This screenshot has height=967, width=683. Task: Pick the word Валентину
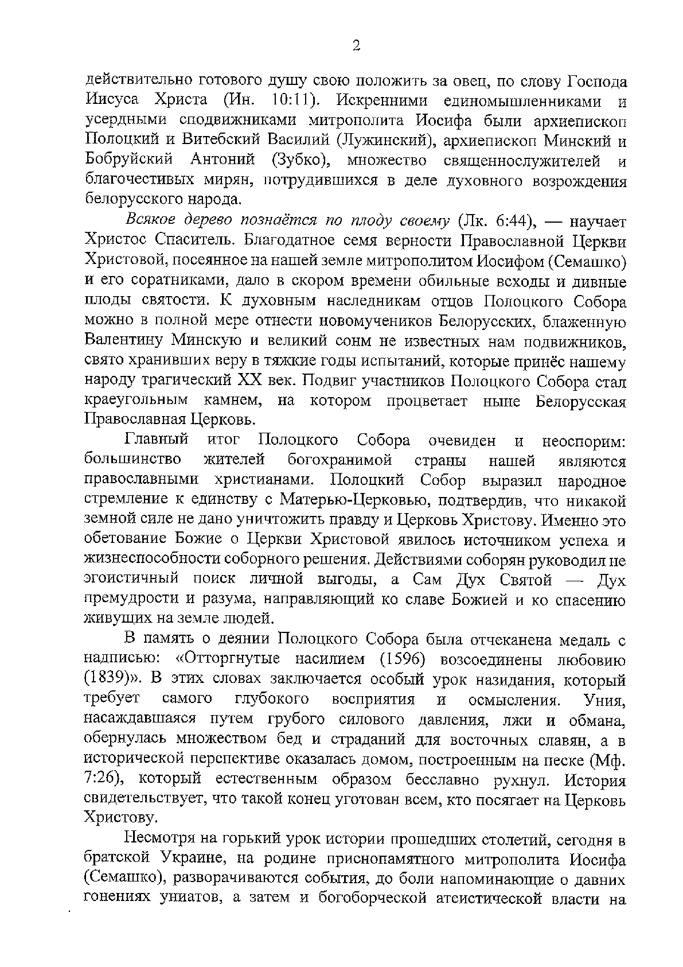click(122, 340)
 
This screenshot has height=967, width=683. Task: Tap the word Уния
click(604, 699)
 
